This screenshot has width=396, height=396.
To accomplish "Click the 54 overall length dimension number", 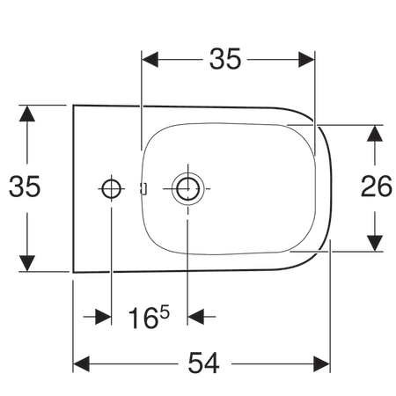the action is point(203,363).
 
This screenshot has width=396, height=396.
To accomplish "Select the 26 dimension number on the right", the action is point(376,186).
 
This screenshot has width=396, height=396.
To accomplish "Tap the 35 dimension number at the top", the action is point(225,59).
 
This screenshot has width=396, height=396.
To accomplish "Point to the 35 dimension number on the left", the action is point(25,186).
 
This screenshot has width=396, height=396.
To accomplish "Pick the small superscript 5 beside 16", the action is point(165,312).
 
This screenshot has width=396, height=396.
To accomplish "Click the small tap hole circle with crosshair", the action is point(111,188).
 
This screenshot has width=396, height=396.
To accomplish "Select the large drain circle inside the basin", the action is point(187,188).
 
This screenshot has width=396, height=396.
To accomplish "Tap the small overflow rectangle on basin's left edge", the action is point(143,188).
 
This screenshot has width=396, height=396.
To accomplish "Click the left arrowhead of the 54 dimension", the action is point(81,364).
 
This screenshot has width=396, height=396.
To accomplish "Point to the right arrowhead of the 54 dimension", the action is point(322,364).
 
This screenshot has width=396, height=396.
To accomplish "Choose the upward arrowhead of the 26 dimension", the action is point(375,133).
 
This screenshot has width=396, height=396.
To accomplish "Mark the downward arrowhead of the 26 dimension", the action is point(375,243).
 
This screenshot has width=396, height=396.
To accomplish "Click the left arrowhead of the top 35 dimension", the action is point(150,60).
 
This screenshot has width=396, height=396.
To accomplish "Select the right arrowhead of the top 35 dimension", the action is point(306,60).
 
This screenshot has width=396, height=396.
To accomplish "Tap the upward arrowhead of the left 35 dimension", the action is point(27,114).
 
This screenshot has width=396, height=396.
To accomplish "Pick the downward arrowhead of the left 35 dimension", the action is point(27,263).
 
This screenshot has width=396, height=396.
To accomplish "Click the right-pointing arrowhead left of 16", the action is point(103,317).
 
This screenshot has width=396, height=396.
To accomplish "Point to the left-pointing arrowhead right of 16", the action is point(195,317).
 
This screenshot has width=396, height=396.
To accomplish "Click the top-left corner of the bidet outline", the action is point(73,106).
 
